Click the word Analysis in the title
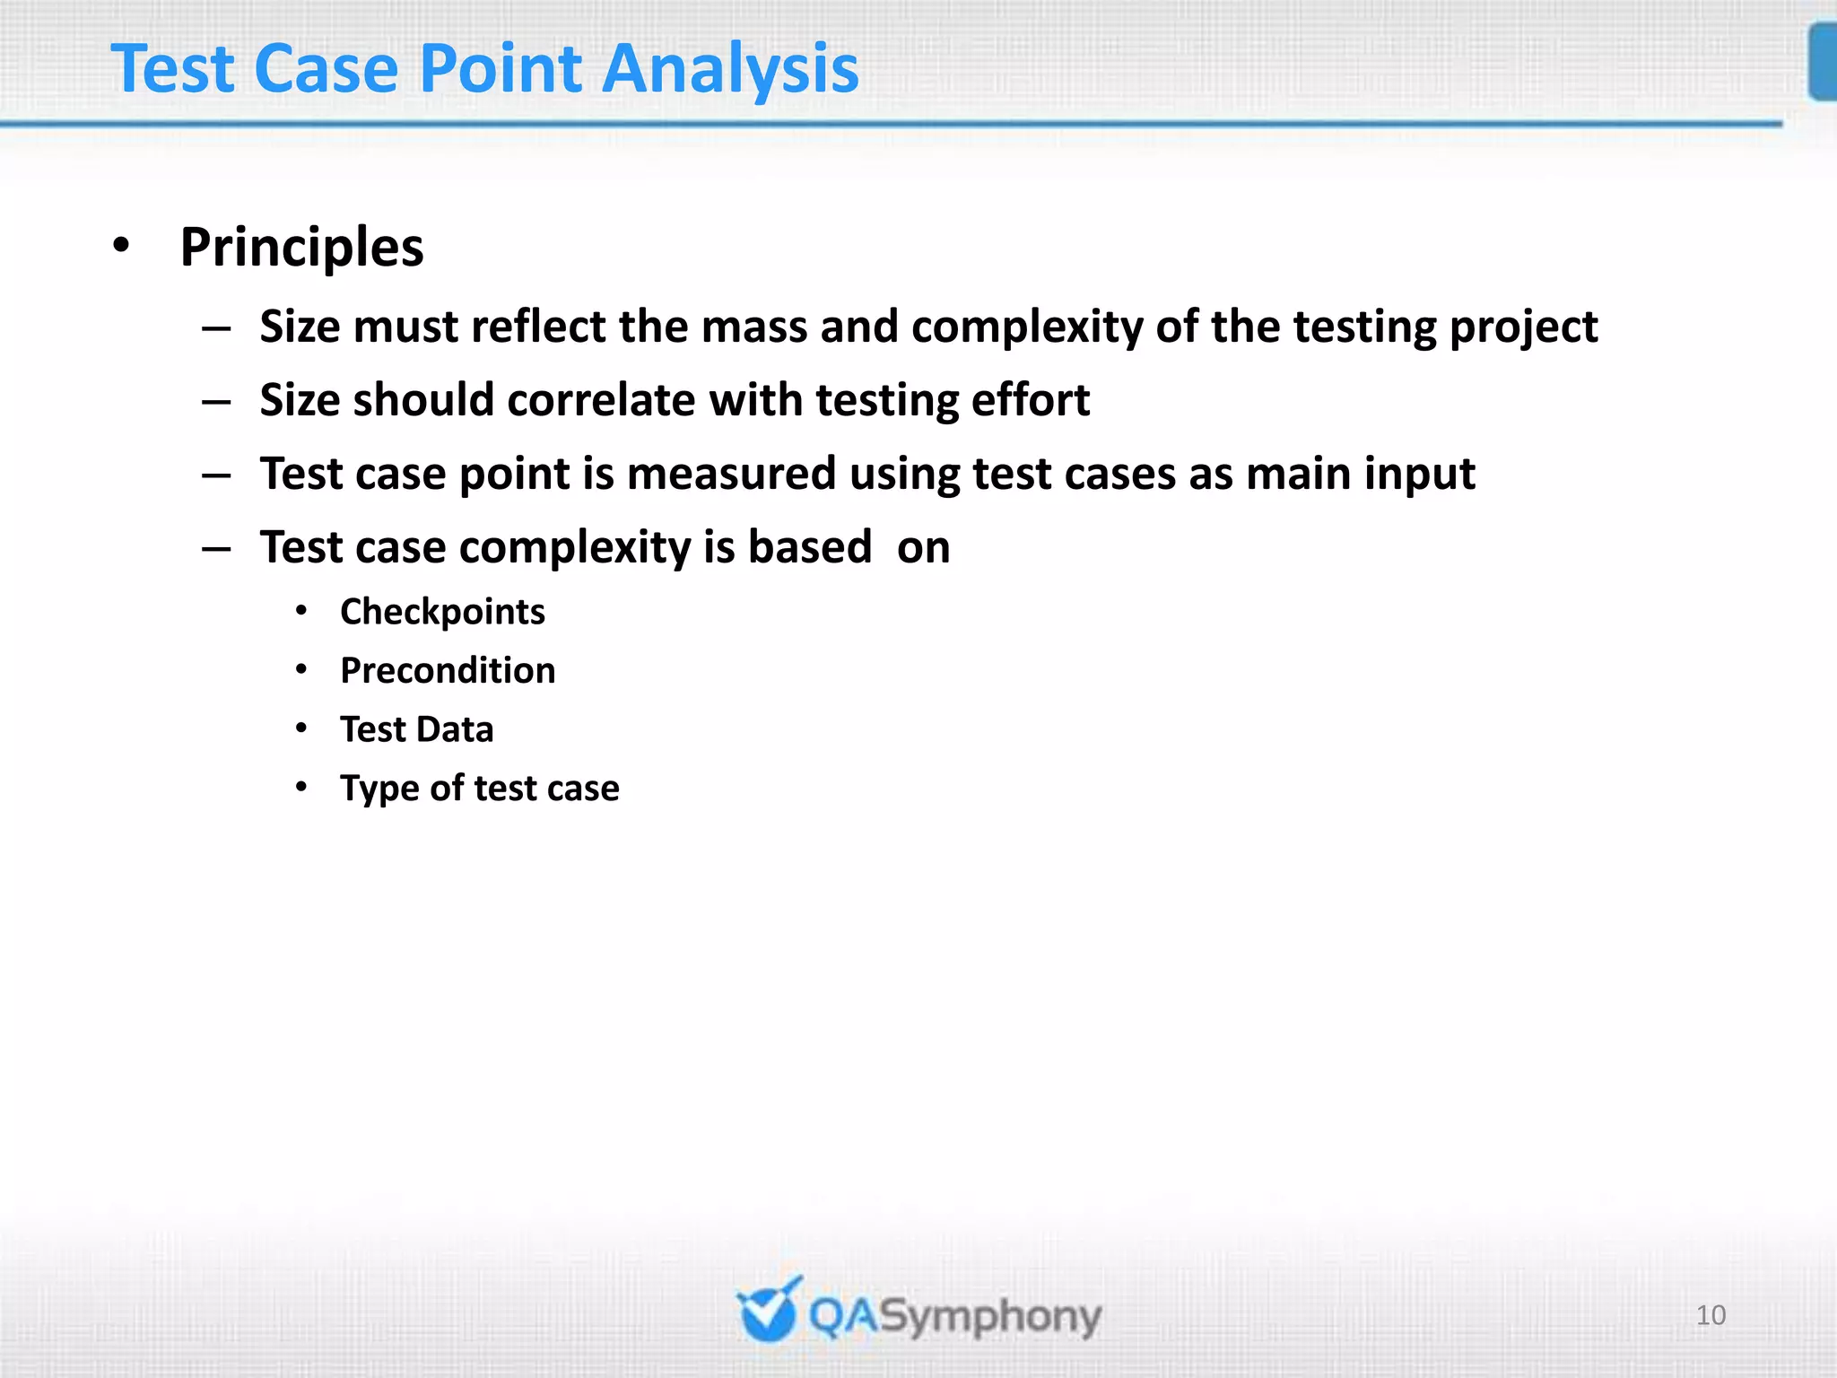pos(730,69)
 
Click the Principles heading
pos(301,248)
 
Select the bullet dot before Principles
pos(122,245)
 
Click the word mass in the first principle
pos(754,327)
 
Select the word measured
pos(731,474)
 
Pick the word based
pos(809,547)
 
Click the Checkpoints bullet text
pos(442,613)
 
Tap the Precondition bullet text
pos(448,671)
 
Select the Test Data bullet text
pos(417,729)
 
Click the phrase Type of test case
pos(480,789)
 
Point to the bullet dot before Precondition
pos(302,669)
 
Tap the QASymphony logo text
pos(954,1317)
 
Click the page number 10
pos(1711,1315)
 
